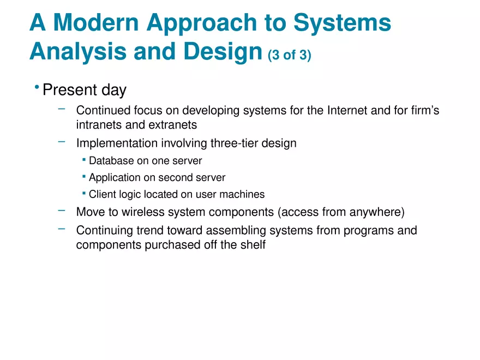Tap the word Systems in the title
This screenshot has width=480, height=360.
tap(342, 23)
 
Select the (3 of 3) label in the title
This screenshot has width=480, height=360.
tap(290, 56)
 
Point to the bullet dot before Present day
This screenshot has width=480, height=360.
tap(36, 88)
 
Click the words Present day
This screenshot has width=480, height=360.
tap(84, 90)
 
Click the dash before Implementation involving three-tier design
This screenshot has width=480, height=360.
tap(62, 142)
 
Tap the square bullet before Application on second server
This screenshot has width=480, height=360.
tap(84, 177)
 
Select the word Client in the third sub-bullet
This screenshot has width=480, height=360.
tap(102, 194)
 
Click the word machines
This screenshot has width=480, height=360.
tap(243, 194)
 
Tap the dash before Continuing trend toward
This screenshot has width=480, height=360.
tap(62, 229)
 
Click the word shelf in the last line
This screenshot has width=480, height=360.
tap(253, 245)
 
